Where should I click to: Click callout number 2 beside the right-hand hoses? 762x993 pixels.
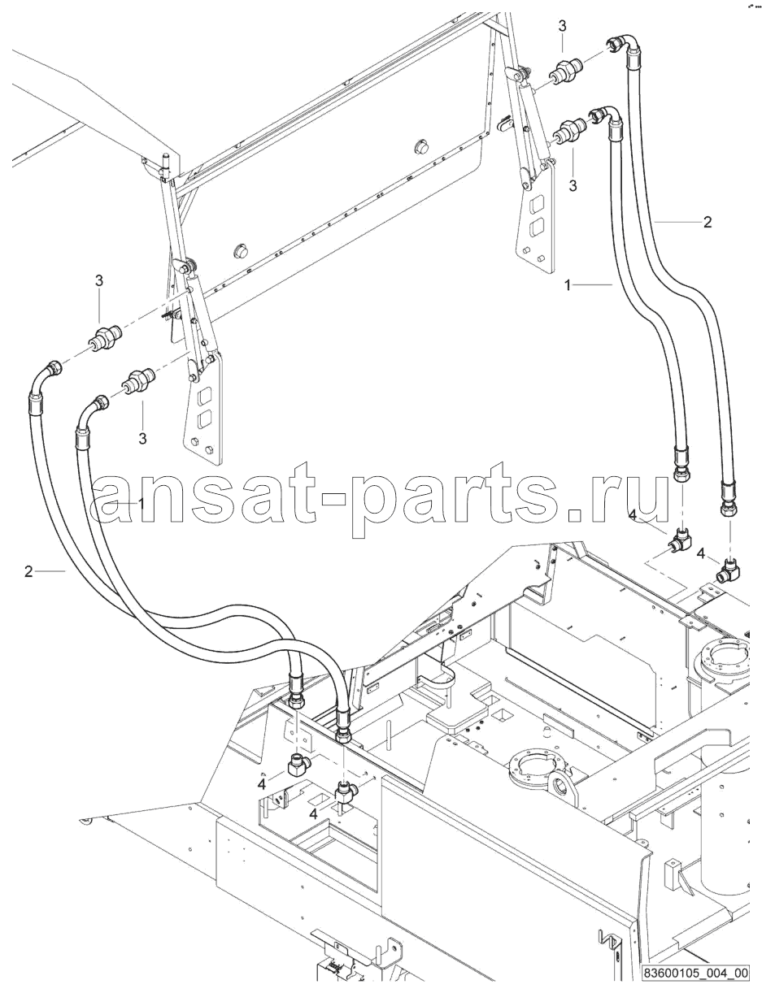(x=708, y=223)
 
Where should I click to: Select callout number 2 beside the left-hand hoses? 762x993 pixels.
(x=28, y=571)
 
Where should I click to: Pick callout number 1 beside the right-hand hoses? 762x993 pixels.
(x=568, y=285)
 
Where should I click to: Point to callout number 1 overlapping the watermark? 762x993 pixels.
(x=142, y=504)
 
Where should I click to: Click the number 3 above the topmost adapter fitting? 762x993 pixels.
(x=562, y=26)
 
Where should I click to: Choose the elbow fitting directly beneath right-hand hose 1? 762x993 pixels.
(x=680, y=540)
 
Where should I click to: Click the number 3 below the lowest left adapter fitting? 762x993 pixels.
(x=142, y=439)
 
